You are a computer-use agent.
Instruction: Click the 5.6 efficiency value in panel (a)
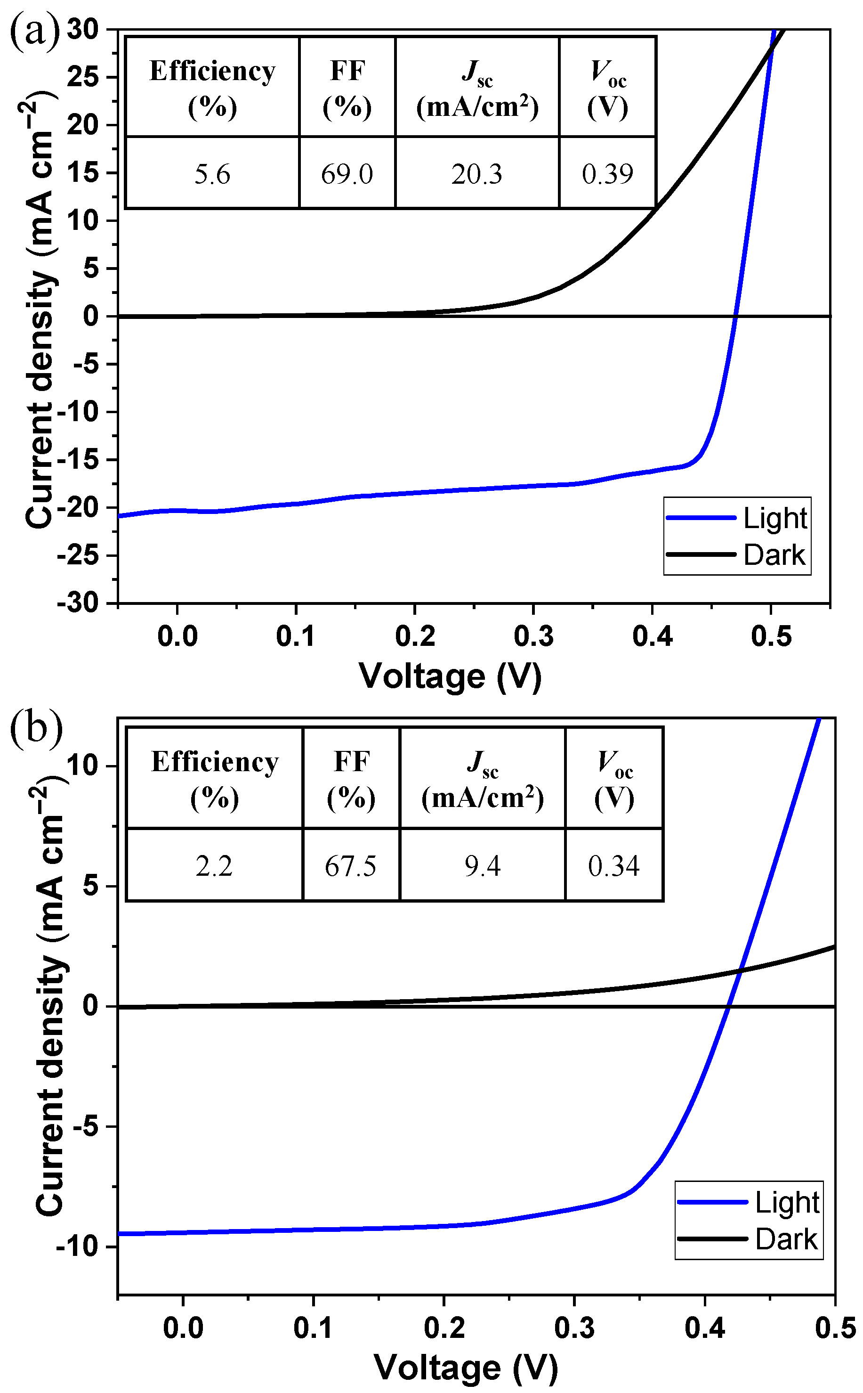click(212, 174)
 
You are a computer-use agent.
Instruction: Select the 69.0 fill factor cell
click(347, 174)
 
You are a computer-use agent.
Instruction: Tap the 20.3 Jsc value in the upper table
click(476, 174)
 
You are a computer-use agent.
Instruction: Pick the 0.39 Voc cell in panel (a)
click(607, 174)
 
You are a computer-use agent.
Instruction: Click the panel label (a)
click(34, 32)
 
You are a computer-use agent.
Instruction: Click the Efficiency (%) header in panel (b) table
click(214, 780)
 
